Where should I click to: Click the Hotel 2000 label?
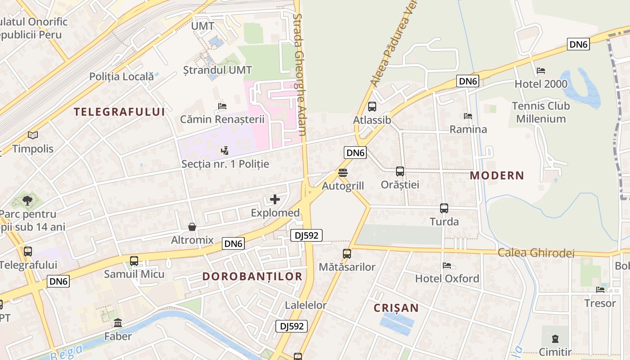540,84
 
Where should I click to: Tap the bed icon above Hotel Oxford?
446,265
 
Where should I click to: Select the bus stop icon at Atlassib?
372,107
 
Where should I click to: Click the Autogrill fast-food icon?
342,173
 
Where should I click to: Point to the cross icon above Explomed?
275,199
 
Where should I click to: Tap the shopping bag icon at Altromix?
192,227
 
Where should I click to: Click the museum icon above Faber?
118,323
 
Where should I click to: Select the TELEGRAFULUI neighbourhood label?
119,112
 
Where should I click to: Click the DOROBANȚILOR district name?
252,276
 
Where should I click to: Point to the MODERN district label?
497,175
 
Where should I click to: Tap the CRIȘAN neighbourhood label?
396,308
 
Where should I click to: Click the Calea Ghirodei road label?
536,253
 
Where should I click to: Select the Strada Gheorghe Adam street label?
300,74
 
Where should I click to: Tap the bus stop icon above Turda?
444,208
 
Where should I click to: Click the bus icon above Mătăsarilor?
346,254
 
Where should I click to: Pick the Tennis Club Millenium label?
541,112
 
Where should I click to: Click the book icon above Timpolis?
32,135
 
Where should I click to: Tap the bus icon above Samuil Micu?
134,261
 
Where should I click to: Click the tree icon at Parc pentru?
27,200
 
